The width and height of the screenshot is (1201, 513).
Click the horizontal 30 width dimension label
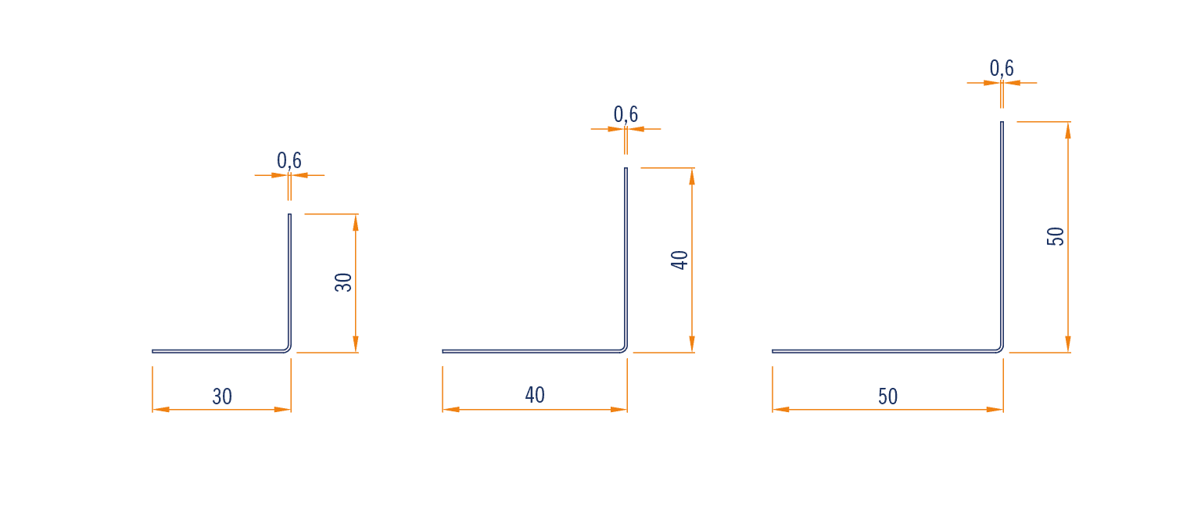tap(222, 396)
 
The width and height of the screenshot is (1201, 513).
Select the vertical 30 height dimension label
tap(343, 282)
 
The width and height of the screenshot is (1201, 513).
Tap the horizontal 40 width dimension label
tap(535, 395)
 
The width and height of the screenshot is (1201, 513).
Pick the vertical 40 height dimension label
tap(679, 260)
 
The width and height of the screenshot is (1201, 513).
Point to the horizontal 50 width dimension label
tap(888, 396)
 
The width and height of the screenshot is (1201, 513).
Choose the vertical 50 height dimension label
tap(1055, 236)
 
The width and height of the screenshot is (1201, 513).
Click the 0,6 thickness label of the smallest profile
tap(289, 160)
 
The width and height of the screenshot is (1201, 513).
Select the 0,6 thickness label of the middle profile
tap(626, 114)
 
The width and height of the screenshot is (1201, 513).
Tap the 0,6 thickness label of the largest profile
tap(1002, 68)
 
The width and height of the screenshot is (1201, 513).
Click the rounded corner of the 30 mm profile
tap(289, 350)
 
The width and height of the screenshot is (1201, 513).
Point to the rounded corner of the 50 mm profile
tap(1001, 350)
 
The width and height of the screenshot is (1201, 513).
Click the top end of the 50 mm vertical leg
tap(1002, 122)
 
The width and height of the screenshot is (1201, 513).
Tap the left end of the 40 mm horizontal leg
tap(443, 351)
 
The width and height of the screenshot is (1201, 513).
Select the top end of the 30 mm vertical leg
tap(289, 214)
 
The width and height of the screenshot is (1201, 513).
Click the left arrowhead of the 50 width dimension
tap(780, 410)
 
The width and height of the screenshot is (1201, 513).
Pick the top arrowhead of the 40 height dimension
tap(692, 177)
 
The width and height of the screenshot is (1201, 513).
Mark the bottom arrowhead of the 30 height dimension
tap(356, 343)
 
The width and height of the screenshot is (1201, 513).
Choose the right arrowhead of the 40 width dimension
tap(618, 410)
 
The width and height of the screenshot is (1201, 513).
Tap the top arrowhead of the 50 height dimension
tap(1068, 131)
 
